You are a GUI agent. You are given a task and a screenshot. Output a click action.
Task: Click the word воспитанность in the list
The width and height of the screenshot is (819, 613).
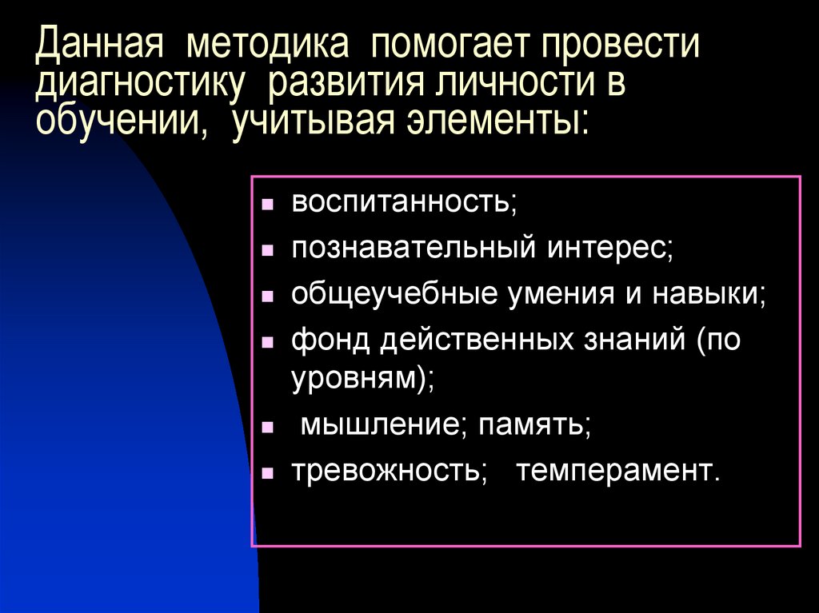[404, 202]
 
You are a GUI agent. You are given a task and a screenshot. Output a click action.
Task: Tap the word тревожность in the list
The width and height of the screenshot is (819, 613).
[389, 470]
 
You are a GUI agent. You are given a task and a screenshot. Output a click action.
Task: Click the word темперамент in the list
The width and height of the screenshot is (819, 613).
[617, 470]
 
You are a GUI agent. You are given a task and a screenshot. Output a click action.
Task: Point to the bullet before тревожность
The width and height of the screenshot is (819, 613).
[270, 472]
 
